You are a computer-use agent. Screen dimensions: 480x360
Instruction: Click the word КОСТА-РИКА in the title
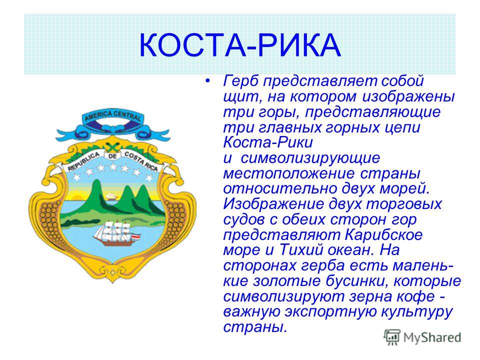240,45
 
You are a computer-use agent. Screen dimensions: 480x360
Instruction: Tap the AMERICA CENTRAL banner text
113,116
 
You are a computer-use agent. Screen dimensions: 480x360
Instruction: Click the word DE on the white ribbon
113,156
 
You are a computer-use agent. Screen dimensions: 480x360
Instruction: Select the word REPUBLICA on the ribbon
84,161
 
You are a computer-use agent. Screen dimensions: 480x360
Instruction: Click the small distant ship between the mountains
111,196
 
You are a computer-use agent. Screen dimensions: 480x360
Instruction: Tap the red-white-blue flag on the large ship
136,237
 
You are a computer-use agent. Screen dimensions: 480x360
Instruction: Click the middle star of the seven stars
113,167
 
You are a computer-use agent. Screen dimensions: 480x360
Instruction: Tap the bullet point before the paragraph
208,81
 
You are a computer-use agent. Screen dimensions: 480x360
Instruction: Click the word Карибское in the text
384,235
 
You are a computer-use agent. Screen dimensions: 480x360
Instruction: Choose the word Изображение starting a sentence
273,204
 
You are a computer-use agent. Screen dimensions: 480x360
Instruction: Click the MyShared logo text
432,338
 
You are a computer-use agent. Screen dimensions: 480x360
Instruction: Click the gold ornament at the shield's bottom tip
113,272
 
